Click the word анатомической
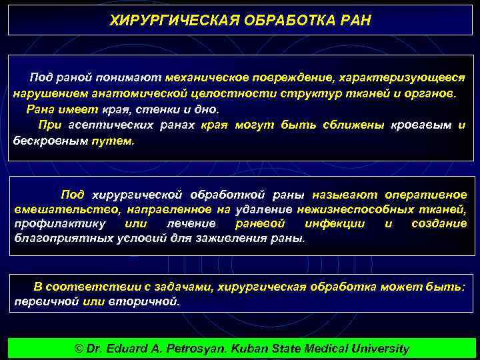coord(115,93)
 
